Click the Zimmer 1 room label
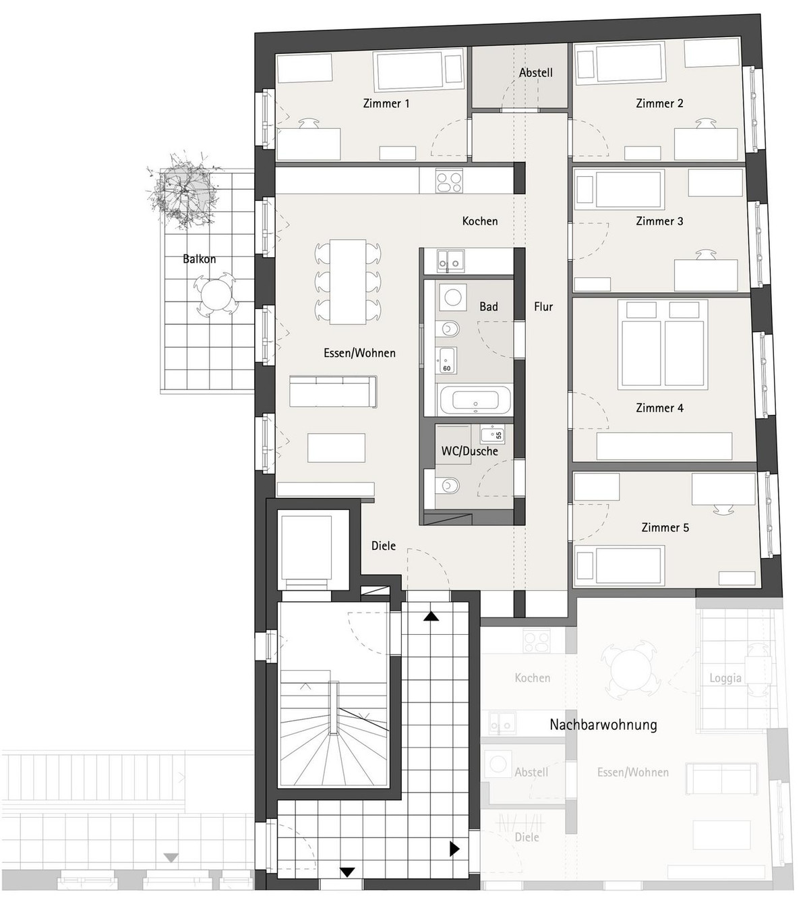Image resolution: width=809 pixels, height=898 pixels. (386, 104)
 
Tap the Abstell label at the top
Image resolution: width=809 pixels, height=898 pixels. (535, 72)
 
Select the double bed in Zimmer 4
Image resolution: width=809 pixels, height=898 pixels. (663, 344)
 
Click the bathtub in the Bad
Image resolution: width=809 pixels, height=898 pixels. (475, 401)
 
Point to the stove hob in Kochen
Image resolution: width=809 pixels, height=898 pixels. (448, 181)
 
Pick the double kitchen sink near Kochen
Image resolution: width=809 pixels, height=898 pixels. (451, 260)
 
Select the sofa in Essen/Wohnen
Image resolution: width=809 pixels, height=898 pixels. (333, 391)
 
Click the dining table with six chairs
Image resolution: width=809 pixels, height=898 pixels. (348, 281)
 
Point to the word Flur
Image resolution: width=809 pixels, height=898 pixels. (543, 307)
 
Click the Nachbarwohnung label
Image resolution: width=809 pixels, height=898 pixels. (603, 725)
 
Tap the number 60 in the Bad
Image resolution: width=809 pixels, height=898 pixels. (446, 368)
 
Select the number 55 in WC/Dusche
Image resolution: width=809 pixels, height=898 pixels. (498, 434)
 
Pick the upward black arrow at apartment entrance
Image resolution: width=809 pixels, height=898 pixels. (431, 617)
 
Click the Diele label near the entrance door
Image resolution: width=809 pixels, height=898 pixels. (384, 546)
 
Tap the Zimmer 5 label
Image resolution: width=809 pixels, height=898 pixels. (665, 528)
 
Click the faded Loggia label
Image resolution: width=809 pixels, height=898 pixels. (725, 678)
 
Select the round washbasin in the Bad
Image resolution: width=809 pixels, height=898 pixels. (453, 297)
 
